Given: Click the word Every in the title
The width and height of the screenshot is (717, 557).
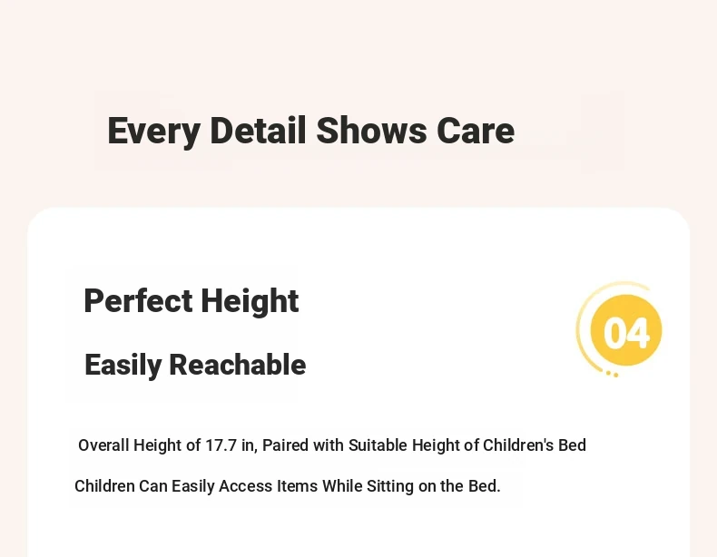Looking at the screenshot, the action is pos(153,132).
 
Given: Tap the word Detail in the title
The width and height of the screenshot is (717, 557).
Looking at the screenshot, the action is pos(258,131).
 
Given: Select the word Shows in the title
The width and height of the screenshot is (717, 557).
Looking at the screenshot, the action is pos(371,131).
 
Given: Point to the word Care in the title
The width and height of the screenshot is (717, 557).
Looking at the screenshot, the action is pos(476,131).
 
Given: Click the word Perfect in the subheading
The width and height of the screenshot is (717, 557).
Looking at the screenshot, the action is pos(138,300).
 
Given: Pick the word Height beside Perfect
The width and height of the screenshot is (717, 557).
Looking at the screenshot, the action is pos(250,301).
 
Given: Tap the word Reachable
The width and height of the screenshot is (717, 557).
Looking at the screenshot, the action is pos(237,365).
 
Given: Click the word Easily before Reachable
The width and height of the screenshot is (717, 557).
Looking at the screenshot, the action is pos(123,366).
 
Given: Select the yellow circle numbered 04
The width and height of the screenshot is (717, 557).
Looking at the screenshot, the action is pos(626,330).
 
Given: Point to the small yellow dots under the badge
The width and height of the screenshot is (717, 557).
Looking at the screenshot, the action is pos(613,375).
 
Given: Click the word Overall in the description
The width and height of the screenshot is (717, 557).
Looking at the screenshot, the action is pos(103,445).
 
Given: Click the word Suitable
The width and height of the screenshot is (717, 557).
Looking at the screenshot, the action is pos(378,445).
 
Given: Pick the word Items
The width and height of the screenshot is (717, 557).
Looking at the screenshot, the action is pos(297,485).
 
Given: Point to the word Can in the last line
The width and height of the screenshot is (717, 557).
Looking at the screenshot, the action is pos(153,485).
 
